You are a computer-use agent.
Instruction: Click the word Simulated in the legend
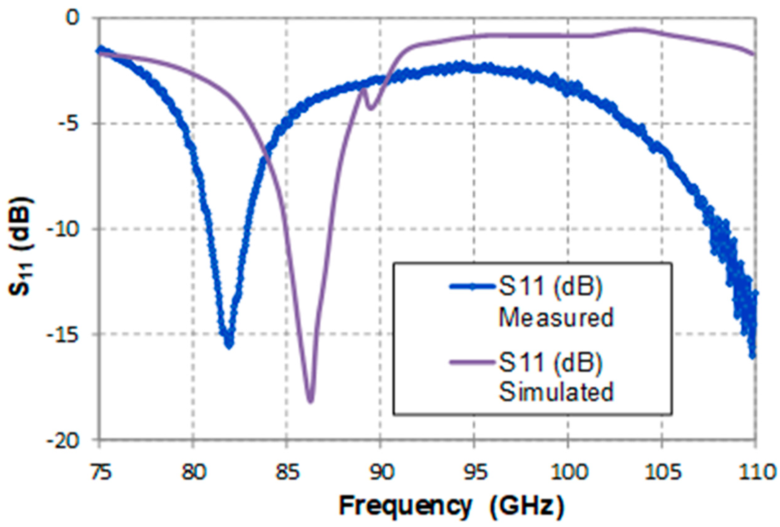(x=556, y=392)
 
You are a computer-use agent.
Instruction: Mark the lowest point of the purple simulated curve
(x=310, y=401)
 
